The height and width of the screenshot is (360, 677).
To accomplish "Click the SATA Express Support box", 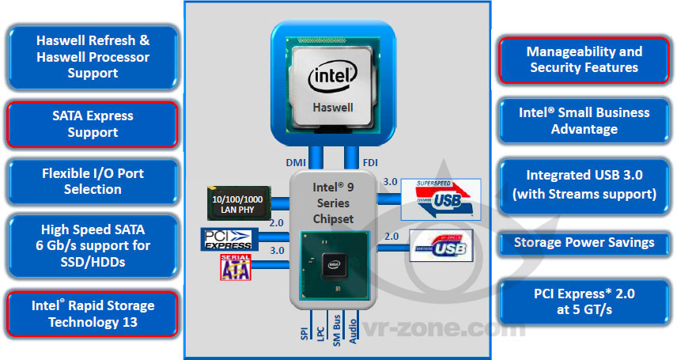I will [93, 124].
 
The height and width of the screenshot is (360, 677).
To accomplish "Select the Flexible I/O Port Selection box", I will [93, 181].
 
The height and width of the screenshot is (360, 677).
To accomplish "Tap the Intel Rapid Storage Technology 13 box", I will [93, 313].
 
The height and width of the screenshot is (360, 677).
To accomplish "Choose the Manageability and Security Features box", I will [584, 59].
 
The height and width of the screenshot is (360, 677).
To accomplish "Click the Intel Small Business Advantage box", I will [584, 120].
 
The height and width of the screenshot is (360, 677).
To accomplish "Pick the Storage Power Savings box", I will [584, 242].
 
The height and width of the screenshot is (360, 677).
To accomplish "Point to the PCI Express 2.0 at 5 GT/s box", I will [584, 301].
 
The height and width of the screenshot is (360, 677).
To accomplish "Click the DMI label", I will [296, 163].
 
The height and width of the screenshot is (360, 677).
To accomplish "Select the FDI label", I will [369, 163].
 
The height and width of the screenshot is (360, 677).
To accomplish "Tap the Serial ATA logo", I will [235, 268].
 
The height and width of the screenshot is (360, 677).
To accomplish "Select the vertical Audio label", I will [353, 328].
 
